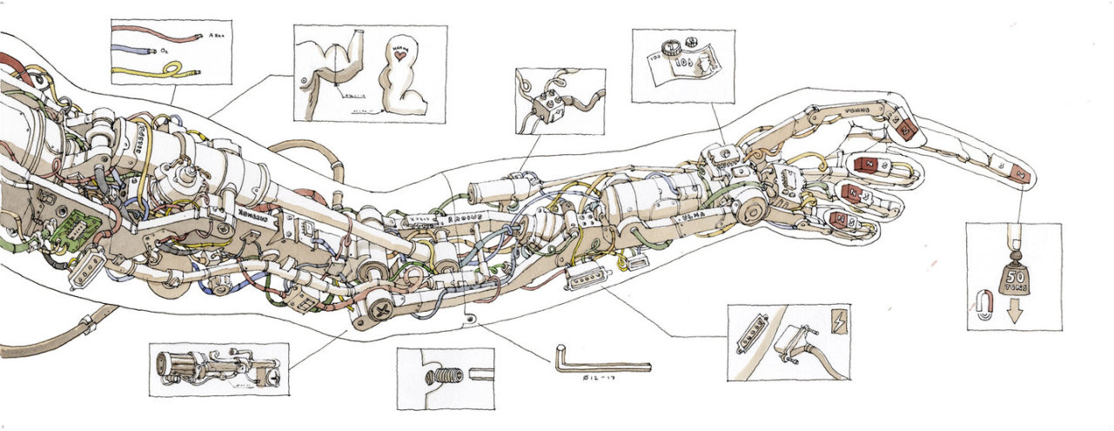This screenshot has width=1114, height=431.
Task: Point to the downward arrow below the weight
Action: point(1015,313)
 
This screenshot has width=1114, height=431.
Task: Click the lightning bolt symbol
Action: point(842,318)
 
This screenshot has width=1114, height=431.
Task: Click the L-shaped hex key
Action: point(601,363)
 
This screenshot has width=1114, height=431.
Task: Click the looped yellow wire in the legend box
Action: point(161,70)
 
